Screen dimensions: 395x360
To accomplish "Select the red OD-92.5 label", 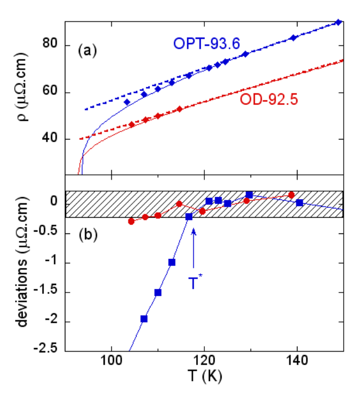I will click(x=268, y=100).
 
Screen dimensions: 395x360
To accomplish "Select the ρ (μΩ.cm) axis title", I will click(x=23, y=96).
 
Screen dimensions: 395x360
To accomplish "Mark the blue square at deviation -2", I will click(x=144, y=319).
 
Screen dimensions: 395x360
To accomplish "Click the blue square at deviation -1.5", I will click(x=158, y=292).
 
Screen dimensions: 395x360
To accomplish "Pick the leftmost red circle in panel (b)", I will click(x=131, y=221).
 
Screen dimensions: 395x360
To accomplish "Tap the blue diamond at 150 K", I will click(x=339, y=22).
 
